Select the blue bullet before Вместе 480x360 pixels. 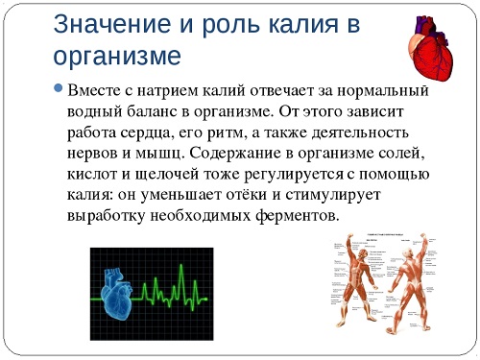pos(60,89)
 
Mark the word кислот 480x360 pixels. pos(93,176)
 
